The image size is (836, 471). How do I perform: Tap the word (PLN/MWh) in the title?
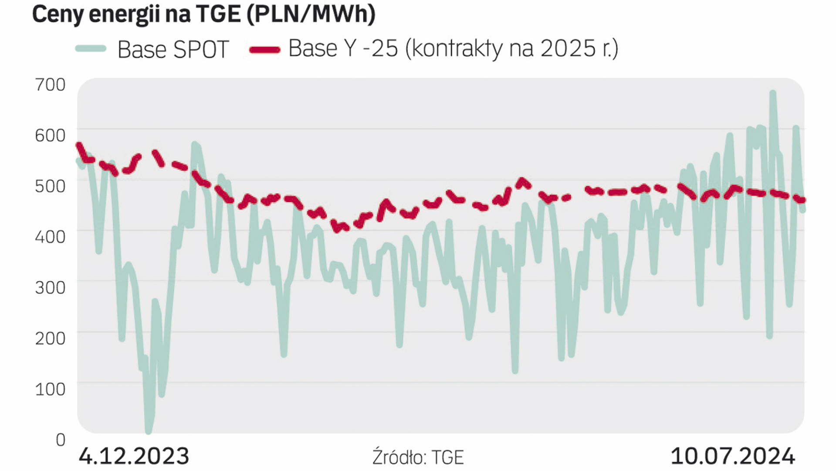pyautogui.click(x=311, y=14)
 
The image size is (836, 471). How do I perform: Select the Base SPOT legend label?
pyautogui.click(x=173, y=49)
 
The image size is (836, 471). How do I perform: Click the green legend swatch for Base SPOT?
pyautogui.click(x=91, y=49)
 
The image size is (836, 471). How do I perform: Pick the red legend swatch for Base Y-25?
pyautogui.click(x=264, y=50)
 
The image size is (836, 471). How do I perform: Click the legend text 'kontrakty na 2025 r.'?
pyautogui.click(x=511, y=48)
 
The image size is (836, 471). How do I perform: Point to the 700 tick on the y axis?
pyautogui.click(x=50, y=85)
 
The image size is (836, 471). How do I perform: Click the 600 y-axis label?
pyautogui.click(x=50, y=135)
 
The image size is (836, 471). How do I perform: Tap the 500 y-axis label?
pyautogui.click(x=50, y=186)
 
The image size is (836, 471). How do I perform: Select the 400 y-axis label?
pyautogui.click(x=50, y=237)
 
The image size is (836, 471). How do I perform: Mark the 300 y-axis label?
pyautogui.click(x=50, y=287)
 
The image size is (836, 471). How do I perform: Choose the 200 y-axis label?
pyautogui.click(x=50, y=338)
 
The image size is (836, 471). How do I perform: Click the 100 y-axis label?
pyautogui.click(x=50, y=389)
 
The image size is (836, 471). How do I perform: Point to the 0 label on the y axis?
pyautogui.click(x=61, y=439)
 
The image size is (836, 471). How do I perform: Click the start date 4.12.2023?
pyautogui.click(x=134, y=456)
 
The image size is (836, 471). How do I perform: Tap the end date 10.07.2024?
pyautogui.click(x=733, y=456)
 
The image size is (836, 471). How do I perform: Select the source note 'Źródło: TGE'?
pyautogui.click(x=418, y=457)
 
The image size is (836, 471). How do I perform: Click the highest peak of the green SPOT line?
pyautogui.click(x=773, y=93)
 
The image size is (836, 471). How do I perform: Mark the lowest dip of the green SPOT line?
pyautogui.click(x=148, y=431)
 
